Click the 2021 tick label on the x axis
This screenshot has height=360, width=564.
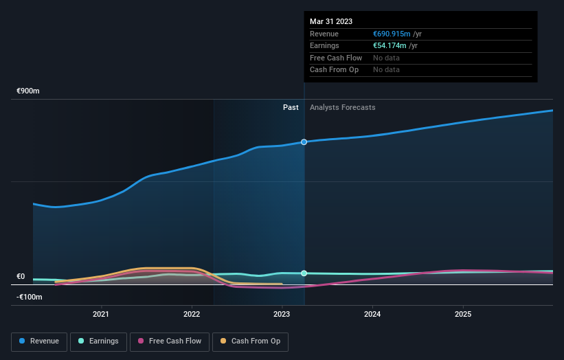coord(101,315)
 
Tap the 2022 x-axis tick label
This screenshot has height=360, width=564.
coord(192,315)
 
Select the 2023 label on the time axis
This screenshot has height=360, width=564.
coord(282,315)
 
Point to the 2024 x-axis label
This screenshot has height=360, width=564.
coord(372,315)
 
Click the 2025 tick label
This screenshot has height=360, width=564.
coord(463,315)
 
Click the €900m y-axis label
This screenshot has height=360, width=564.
coord(29,91)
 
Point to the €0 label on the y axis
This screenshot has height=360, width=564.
coord(21,277)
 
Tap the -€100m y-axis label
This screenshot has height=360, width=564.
coord(30,297)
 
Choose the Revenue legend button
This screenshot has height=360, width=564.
coord(39,341)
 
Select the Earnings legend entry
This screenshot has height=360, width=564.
coord(98,341)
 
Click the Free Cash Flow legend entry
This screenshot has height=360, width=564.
coord(170,341)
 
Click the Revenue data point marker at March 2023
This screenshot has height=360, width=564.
coord(304,142)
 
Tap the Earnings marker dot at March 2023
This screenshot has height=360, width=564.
coord(304,273)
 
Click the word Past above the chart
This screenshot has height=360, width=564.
coord(291,107)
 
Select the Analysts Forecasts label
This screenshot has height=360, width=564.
coord(342,107)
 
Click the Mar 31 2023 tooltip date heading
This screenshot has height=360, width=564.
coord(331,21)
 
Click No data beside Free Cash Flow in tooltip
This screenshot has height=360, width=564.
coord(386,58)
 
